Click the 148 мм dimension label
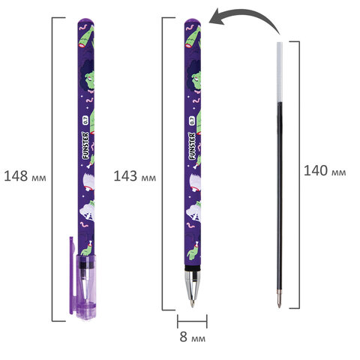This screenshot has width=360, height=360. click(x=25, y=176)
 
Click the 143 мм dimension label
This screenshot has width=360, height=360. click(x=135, y=176)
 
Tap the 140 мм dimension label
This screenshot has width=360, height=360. click(x=325, y=171)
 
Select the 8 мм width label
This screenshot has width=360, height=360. click(x=193, y=337)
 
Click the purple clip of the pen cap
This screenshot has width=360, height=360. click(x=72, y=275)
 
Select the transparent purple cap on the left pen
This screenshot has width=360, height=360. click(x=85, y=287)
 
